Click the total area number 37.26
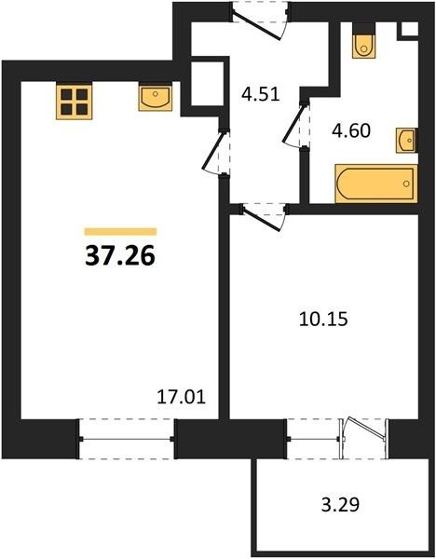pos(120,256)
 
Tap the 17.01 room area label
pos(182,397)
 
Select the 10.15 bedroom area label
pos(323,319)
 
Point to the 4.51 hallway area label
pos(260,94)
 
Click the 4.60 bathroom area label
pos(351,130)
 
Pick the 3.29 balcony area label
pos(340,504)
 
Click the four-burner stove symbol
pos(75,102)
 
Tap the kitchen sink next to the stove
pos(156,97)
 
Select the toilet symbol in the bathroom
pos(363,46)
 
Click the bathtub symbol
pos(376,184)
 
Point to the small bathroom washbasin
pos(407,141)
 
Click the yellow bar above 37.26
pos(120,232)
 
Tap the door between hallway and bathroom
pos(296,124)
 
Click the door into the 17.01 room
pos(216,152)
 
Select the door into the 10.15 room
pos(264,216)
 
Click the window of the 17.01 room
pos(127,439)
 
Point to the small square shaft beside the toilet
pos(410,29)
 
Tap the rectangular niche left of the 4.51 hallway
pos(208,84)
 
